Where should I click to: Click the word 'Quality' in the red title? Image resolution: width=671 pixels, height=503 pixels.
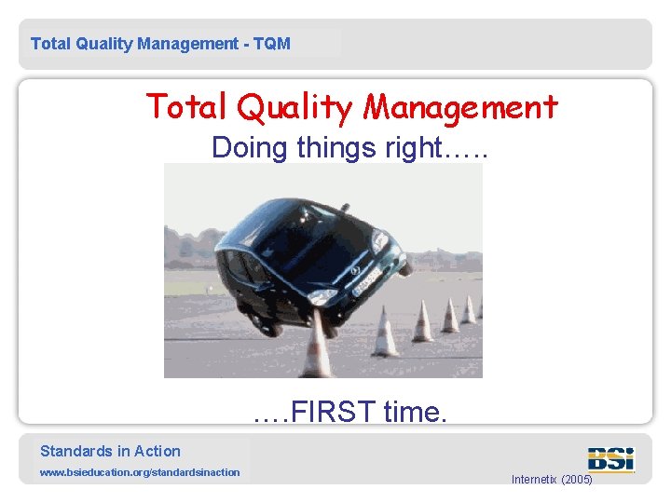click(x=295, y=108)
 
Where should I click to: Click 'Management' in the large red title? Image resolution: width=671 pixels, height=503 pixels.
click(x=460, y=108)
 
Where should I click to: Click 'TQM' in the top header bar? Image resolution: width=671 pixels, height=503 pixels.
click(x=270, y=44)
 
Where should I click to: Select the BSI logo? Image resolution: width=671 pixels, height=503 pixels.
click(x=610, y=458)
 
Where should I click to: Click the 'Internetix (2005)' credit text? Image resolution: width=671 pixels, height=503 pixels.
click(x=552, y=480)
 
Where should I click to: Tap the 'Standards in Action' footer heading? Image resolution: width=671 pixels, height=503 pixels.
click(x=110, y=451)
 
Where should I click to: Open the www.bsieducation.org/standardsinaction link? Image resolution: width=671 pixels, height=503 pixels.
click(x=139, y=472)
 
